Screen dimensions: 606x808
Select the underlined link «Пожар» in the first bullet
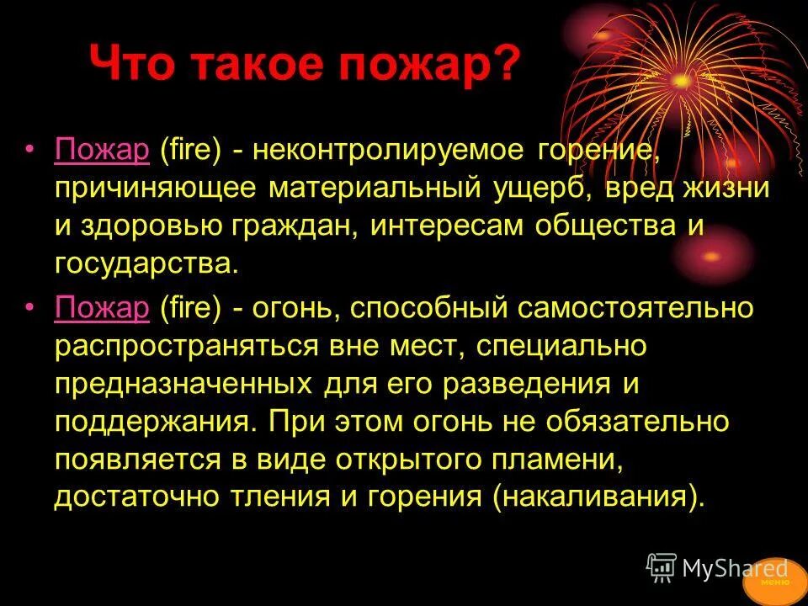[x=102, y=152]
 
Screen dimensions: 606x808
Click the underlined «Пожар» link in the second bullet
[x=102, y=308]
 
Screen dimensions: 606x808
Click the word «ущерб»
[x=540, y=188]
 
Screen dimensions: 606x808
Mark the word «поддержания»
[x=151, y=421]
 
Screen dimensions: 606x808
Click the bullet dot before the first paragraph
[x=31, y=152]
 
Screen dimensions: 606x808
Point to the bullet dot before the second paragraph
[x=31, y=308]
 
